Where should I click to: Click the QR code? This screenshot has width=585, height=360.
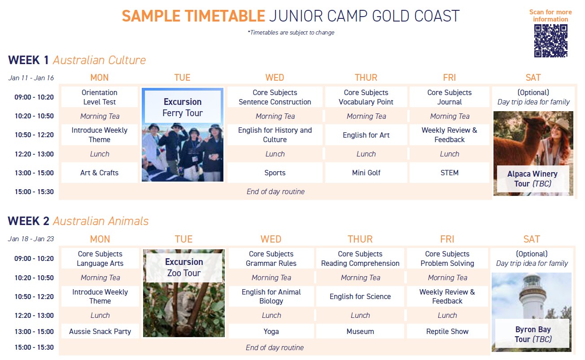(x=550, y=41)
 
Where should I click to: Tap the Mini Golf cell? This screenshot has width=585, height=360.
(x=366, y=173)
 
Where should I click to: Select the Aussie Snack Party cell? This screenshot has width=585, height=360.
(x=100, y=331)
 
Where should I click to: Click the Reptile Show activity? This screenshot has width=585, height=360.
(x=447, y=331)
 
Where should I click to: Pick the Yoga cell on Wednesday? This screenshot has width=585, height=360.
(x=271, y=331)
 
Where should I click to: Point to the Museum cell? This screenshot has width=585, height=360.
(x=360, y=331)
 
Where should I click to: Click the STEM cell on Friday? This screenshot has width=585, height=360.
(x=449, y=173)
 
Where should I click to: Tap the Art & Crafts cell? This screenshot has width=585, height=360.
(x=100, y=173)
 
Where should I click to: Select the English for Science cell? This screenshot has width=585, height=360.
(x=360, y=296)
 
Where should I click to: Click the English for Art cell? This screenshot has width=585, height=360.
(x=366, y=135)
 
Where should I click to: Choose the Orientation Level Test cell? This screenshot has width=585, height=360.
(x=100, y=97)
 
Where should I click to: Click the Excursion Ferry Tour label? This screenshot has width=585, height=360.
(x=182, y=107)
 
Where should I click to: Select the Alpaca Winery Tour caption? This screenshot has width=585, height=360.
(x=533, y=179)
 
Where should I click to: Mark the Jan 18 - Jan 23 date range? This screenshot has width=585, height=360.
(x=31, y=239)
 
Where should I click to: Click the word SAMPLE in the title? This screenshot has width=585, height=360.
(x=150, y=16)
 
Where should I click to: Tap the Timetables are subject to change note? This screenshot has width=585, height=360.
(x=291, y=33)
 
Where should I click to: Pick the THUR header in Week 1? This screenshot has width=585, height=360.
(x=366, y=78)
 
